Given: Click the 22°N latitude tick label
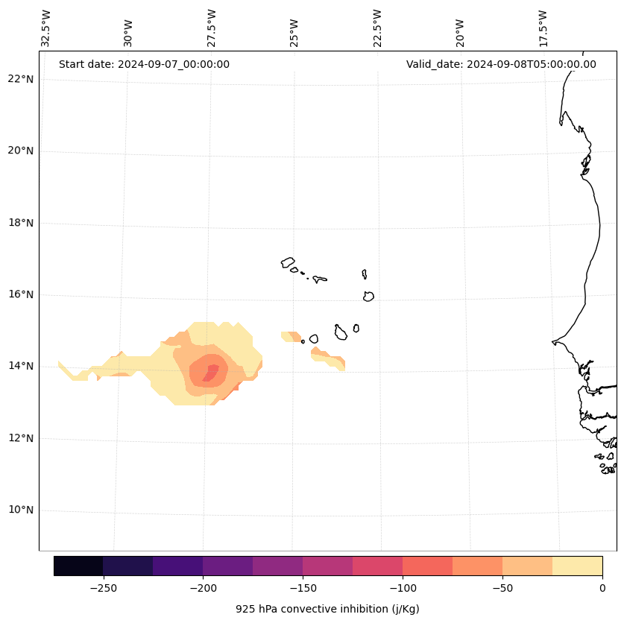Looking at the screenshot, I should tap(20, 79).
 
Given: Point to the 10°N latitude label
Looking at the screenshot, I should tap(20, 510).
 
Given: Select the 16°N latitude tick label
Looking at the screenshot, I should tap(20, 294).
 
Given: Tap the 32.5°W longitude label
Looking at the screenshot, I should tap(46, 28).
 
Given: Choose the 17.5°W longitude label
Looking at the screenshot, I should tap(543, 28).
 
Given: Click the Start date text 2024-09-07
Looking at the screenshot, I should tap(144, 64).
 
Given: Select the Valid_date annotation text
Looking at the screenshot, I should tap(501, 64).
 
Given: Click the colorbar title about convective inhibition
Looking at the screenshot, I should tap(327, 609).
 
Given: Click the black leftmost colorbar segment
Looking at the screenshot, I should tap(78, 566).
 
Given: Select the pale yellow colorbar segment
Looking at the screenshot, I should tap(577, 566).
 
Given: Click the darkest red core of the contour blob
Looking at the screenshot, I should tap(211, 372).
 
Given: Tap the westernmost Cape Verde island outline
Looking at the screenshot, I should tap(288, 262).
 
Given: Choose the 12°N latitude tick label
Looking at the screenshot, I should tap(20, 438).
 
